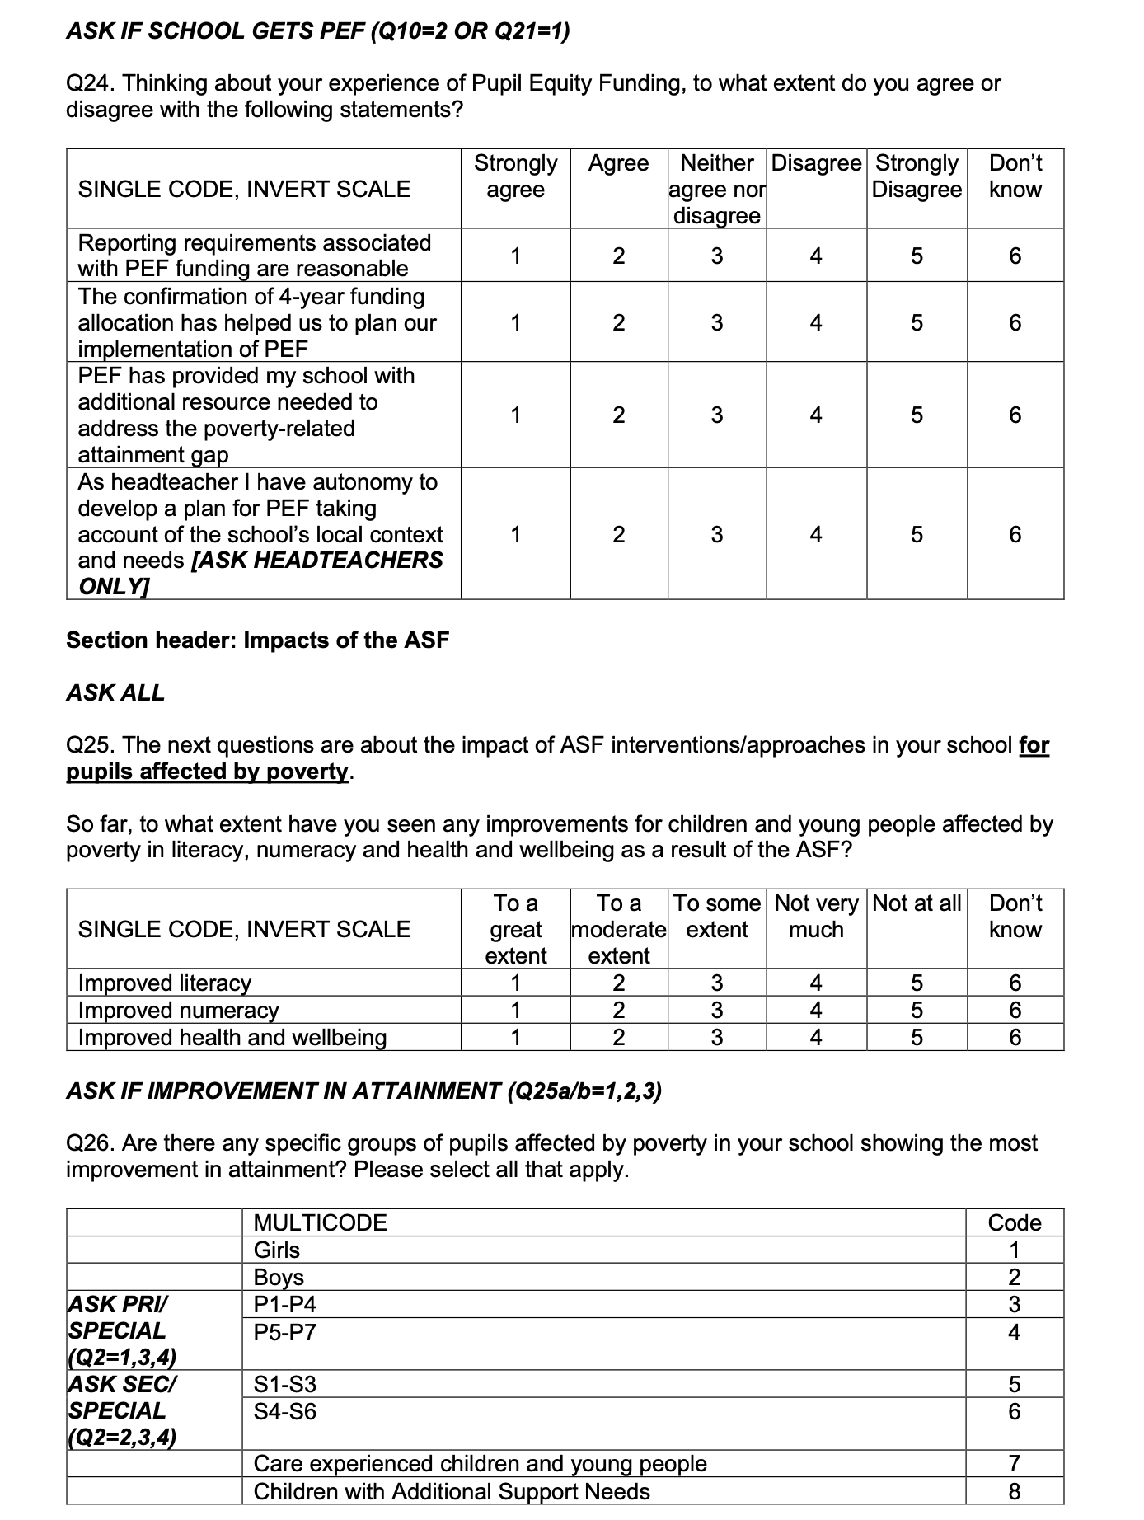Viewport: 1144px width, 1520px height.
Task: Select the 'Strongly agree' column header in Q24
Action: [515, 176]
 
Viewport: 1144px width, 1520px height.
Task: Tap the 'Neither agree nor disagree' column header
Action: [716, 189]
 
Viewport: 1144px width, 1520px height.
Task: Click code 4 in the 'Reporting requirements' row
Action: [815, 256]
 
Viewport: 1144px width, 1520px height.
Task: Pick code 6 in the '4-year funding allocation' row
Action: [1015, 322]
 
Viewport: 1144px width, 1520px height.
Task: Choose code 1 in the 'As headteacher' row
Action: [515, 535]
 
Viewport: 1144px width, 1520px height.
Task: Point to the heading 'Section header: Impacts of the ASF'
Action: [257, 640]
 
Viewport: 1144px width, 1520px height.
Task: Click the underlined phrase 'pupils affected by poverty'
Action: [208, 772]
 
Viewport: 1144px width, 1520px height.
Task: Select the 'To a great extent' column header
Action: [515, 929]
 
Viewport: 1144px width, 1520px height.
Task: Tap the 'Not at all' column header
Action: [916, 904]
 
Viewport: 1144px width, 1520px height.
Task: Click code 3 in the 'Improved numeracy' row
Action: [716, 1011]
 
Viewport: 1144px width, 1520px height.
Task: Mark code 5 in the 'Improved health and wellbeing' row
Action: [916, 1038]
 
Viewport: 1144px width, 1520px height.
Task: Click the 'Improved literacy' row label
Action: [164, 983]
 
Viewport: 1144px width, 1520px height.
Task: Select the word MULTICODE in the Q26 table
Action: [320, 1222]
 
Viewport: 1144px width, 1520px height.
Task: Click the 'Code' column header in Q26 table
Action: [1015, 1222]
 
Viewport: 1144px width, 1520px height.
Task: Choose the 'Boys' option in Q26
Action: [279, 1278]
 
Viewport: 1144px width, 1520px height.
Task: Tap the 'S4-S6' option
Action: [284, 1412]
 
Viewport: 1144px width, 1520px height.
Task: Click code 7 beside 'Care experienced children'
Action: [1015, 1464]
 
